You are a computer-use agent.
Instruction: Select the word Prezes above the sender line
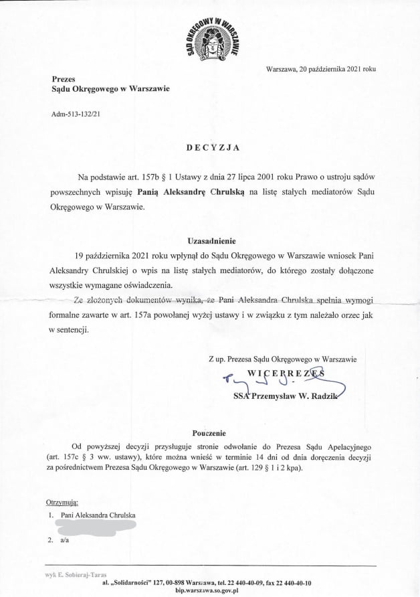[64, 78]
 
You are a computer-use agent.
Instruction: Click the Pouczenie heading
[211, 433]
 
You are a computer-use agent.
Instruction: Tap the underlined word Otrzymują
[62, 502]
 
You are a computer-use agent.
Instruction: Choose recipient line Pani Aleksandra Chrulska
[98, 515]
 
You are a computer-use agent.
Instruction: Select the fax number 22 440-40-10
[290, 583]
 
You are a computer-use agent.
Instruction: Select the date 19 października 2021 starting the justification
[123, 255]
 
